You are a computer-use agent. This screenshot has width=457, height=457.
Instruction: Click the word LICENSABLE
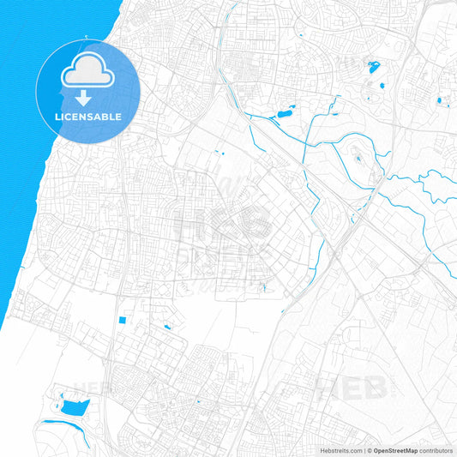coord(88,116)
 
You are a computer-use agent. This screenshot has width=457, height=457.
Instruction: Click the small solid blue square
coord(121,321)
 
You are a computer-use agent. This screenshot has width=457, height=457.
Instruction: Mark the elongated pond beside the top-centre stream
coord(284,114)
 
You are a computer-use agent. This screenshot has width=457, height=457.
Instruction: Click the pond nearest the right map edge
coord(439,101)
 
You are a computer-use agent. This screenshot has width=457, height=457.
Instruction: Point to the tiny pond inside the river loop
coord(357,158)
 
